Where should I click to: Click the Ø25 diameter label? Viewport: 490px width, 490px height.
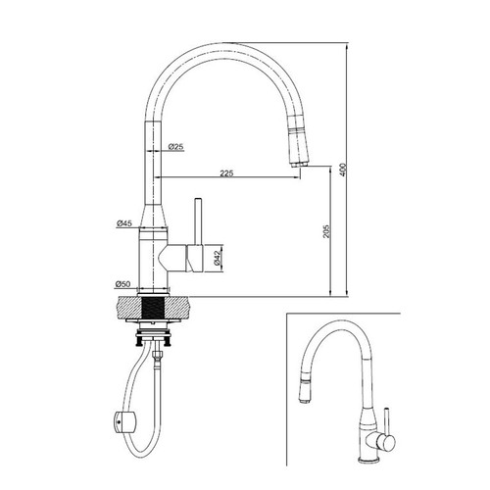pyautogui.click(x=176, y=147)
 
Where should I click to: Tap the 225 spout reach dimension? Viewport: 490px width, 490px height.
pyautogui.click(x=226, y=173)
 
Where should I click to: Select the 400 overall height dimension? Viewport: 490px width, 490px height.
pyautogui.click(x=342, y=170)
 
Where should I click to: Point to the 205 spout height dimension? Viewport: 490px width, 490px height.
pyautogui.click(x=326, y=231)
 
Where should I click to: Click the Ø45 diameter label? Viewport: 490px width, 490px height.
pyautogui.click(x=124, y=223)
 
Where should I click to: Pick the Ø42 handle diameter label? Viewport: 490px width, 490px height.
pyautogui.click(x=218, y=258)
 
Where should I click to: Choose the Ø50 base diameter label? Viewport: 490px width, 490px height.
pyautogui.click(x=122, y=284)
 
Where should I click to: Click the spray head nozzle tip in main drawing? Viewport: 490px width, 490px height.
pyautogui.click(x=299, y=165)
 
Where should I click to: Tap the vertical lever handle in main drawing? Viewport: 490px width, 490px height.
pyautogui.click(x=198, y=221)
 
